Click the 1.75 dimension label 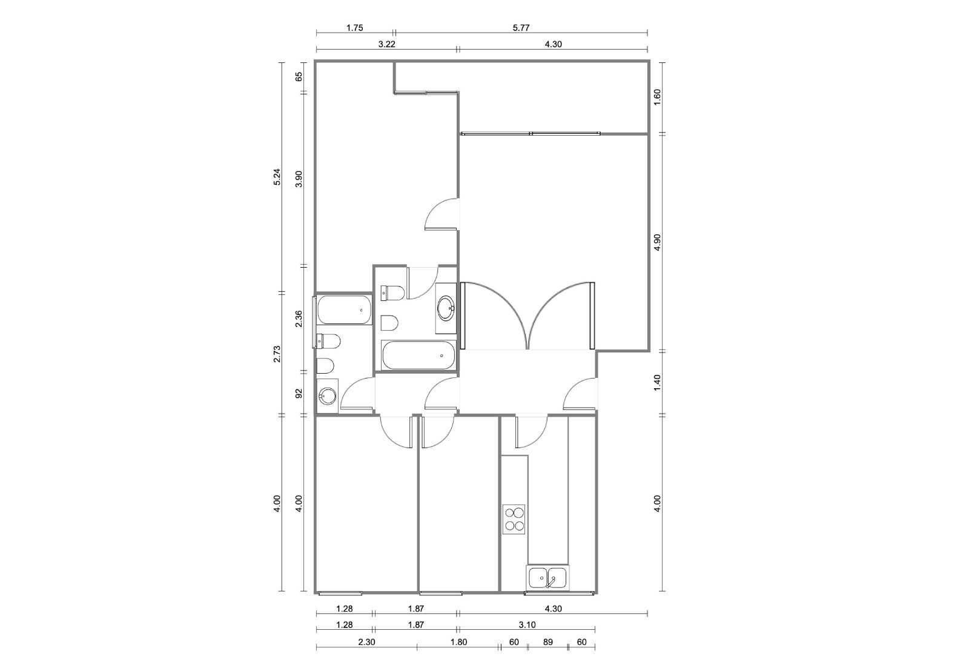[355, 28]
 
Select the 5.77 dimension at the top [521, 28]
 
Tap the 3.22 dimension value [387, 44]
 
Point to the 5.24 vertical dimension [277, 177]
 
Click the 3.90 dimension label [299, 179]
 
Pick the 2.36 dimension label [299, 319]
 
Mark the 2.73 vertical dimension [277, 354]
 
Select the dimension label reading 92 [299, 393]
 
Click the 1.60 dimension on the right [657, 97]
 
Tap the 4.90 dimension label [657, 242]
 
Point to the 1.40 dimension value [657, 383]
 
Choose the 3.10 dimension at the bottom [527, 625]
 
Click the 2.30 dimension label [366, 642]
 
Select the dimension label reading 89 [547, 642]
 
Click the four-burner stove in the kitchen [514, 519]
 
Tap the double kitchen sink [547, 578]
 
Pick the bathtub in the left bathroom [344, 309]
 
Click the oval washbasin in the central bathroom [446, 308]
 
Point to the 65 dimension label [299, 77]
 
